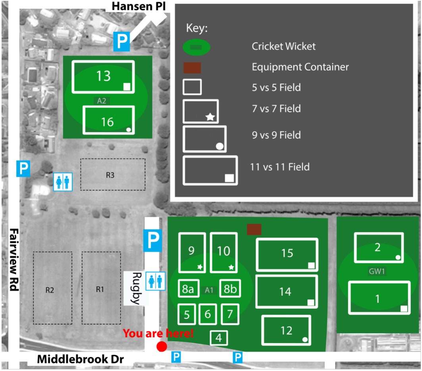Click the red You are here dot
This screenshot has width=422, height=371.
click(162, 346)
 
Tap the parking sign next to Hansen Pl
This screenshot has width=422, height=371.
click(121, 41)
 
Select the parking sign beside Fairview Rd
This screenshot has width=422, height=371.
click(23, 169)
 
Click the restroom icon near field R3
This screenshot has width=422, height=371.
click(63, 182)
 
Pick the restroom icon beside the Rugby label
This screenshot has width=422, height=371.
click(155, 281)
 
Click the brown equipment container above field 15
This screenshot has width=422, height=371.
click(254, 229)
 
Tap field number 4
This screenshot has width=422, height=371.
click(219, 338)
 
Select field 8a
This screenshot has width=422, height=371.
click(189, 288)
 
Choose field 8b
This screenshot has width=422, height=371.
click(230, 288)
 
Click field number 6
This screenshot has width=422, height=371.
click(208, 314)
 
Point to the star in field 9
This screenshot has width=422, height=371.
click(200, 267)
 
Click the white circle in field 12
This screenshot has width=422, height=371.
click(305, 340)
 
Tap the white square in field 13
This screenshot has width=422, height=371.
click(127, 87)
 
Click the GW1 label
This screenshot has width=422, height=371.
click(377, 271)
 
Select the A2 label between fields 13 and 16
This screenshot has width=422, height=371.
click(102, 101)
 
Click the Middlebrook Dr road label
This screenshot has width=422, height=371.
click(80, 359)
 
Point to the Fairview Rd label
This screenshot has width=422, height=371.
click(14, 260)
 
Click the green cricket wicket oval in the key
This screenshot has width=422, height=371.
click(197, 47)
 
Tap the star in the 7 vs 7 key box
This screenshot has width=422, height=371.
click(210, 117)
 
